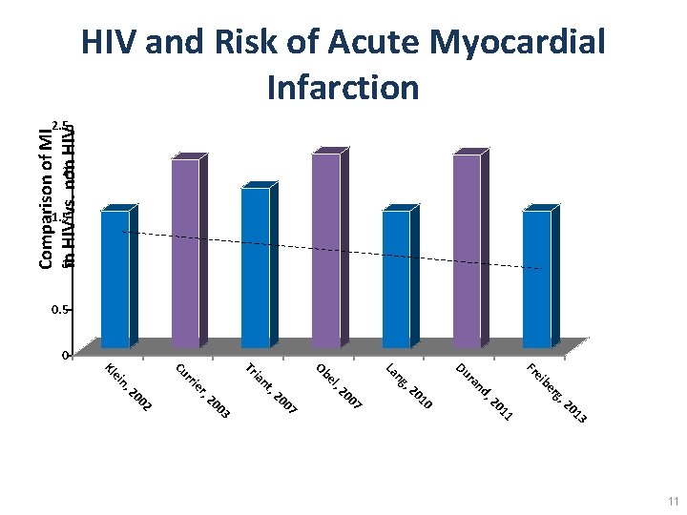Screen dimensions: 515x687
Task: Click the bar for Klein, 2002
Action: [x=115, y=278]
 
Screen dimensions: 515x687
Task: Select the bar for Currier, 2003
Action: [x=186, y=253]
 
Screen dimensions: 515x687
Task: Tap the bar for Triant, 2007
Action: [x=256, y=268]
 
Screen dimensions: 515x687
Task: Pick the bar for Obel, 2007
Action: [x=326, y=250]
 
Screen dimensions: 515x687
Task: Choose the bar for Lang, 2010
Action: [x=396, y=278]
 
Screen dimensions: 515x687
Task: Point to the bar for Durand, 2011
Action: [x=467, y=251]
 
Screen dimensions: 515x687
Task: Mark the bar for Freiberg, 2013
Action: [x=537, y=278]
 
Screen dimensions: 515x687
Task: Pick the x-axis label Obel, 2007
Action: [x=339, y=385]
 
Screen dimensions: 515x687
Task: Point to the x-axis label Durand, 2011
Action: [x=485, y=391]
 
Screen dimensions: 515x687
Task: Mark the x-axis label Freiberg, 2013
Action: [x=556, y=392]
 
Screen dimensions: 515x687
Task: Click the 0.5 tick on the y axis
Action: [x=59, y=310]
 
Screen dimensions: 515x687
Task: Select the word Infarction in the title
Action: [x=343, y=87]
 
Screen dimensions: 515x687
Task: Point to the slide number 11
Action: [x=673, y=501]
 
